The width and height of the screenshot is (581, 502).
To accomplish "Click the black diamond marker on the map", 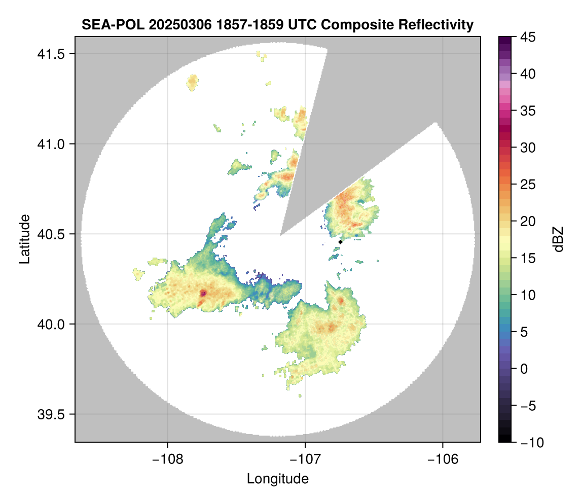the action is (340, 242).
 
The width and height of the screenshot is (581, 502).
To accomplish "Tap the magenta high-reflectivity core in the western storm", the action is (203, 294).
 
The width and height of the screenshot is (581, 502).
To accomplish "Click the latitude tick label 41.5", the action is (51, 54).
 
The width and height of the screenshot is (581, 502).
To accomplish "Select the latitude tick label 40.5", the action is (51, 234).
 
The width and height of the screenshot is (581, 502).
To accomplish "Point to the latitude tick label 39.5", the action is (51, 415).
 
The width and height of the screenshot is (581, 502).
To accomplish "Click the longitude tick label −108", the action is (167, 459).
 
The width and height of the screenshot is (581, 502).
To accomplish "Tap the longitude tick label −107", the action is (305, 459).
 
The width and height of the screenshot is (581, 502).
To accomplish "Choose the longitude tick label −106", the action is (443, 459).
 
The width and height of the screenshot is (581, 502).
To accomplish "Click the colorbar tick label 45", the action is (528, 37).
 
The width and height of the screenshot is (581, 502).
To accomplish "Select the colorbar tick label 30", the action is (528, 148).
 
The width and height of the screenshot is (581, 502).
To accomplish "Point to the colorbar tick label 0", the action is (524, 369).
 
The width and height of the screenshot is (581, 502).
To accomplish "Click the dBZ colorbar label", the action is (558, 239).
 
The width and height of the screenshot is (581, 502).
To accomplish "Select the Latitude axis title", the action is (24, 239).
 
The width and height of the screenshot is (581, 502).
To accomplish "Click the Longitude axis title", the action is (278, 479).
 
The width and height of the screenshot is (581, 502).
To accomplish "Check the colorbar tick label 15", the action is (528, 258).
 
